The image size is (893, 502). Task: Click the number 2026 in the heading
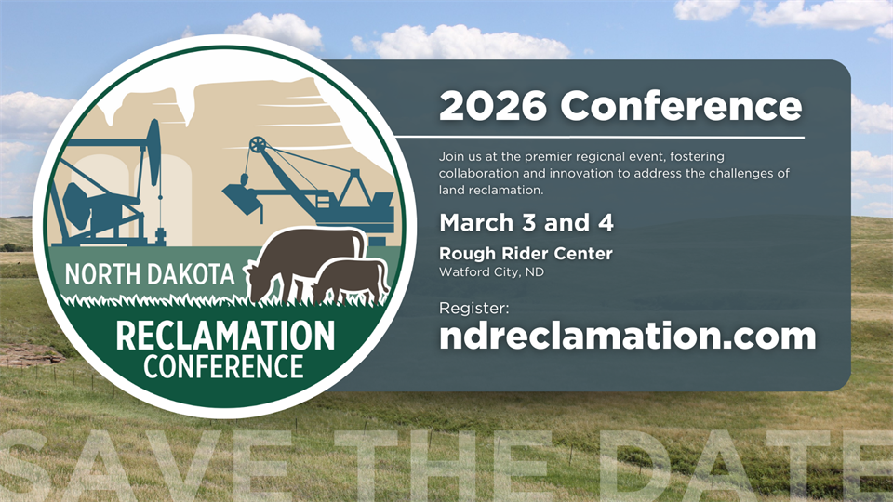click(x=493, y=106)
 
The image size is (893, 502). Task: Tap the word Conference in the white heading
click(x=681, y=106)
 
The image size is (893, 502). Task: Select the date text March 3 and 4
click(x=526, y=222)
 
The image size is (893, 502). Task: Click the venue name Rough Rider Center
click(x=526, y=253)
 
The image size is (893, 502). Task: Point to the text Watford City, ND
click(x=491, y=272)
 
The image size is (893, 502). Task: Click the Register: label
click(x=473, y=309)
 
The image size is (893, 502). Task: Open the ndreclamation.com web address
click(x=628, y=336)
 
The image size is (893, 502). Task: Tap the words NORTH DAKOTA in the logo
click(x=149, y=274)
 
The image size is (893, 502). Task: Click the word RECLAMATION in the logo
click(x=225, y=336)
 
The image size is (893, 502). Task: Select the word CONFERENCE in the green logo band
click(x=223, y=366)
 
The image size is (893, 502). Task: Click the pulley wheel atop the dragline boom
click(x=258, y=145)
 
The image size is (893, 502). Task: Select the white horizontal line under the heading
click(x=600, y=138)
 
